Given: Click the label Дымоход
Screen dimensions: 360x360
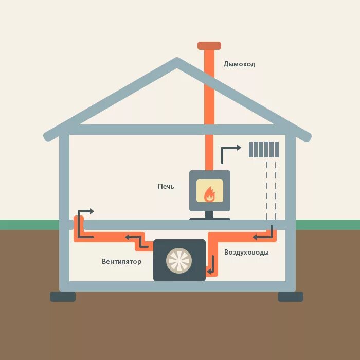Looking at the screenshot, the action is (x=239, y=64).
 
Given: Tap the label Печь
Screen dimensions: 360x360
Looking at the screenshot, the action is (x=166, y=186).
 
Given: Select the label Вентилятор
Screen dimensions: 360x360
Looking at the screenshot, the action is (x=121, y=261).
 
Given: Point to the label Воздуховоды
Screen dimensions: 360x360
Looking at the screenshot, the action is (x=246, y=253).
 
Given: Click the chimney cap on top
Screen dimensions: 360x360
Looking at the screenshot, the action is (x=209, y=46).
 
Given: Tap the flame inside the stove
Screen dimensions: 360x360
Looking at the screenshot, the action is (x=209, y=194).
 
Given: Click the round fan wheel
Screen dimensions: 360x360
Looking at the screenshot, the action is (x=179, y=261).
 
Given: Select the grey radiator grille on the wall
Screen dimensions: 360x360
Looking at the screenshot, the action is (x=264, y=150).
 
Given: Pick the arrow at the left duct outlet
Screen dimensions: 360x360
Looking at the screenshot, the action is (x=85, y=222).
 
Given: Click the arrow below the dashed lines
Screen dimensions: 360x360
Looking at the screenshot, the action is (x=263, y=235).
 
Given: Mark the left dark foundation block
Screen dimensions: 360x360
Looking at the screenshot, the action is (x=63, y=297).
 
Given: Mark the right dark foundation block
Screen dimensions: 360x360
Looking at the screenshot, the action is (x=291, y=297).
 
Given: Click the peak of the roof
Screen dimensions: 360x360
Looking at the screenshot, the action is (x=177, y=62).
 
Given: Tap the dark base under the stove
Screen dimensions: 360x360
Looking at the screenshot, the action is (x=209, y=219).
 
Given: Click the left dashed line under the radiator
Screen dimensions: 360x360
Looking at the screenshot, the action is (x=267, y=188).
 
